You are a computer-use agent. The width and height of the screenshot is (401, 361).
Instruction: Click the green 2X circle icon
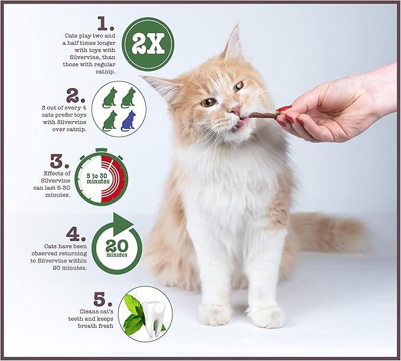tap(148, 44)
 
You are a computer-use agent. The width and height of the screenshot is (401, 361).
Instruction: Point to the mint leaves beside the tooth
tap(133, 314)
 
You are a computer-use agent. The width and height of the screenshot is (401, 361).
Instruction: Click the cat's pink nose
tap(235, 110)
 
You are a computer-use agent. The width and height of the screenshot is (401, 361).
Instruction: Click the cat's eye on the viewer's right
tap(238, 86)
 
